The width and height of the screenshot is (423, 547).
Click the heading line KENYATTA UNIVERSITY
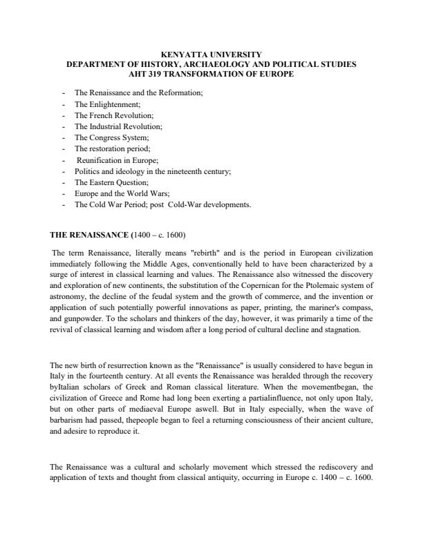pos(211,54)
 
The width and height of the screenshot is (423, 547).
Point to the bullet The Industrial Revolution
pos(118,127)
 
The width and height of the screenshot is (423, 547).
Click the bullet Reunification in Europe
pos(115,160)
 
